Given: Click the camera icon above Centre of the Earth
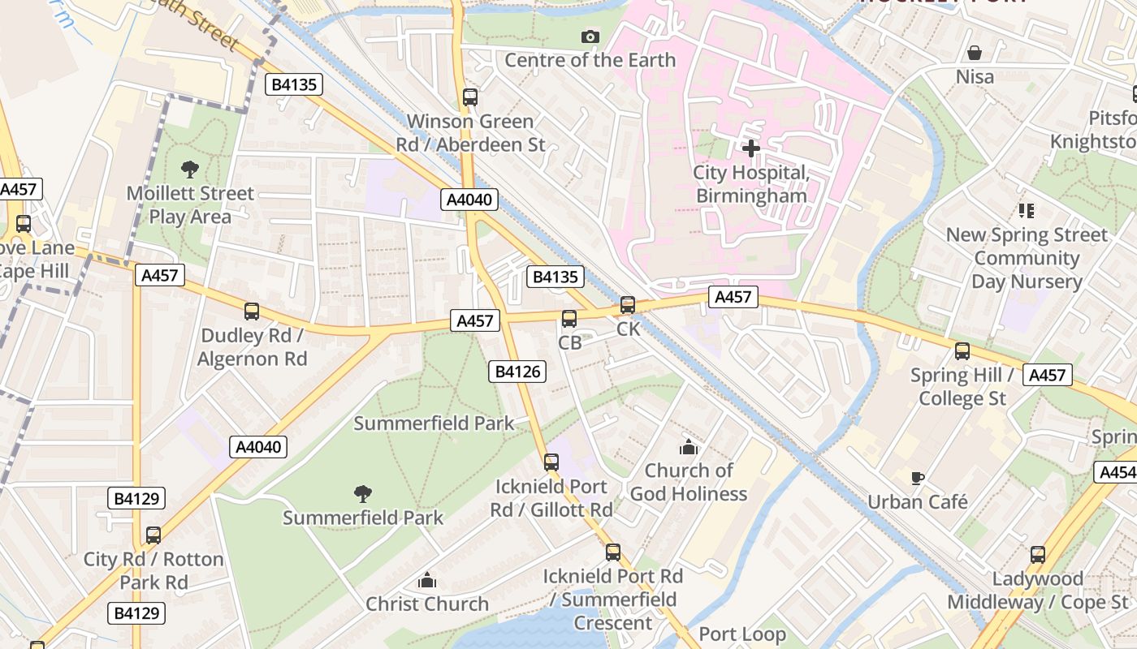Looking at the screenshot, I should [590, 37].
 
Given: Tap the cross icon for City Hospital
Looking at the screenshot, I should [751, 148].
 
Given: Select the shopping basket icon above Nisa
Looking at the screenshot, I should [974, 54].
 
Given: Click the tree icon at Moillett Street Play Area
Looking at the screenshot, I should [190, 170].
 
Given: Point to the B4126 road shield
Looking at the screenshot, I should [517, 372].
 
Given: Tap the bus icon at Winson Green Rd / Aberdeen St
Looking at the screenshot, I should [470, 97].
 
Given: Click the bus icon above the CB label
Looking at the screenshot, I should [569, 319].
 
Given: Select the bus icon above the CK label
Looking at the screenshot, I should [628, 305].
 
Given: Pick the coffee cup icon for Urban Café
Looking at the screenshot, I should [918, 478].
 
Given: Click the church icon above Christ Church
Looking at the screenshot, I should [427, 580].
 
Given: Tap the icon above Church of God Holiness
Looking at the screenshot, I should [689, 447].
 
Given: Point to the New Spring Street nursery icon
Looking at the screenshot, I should [1027, 211].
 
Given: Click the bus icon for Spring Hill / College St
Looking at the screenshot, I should [962, 351].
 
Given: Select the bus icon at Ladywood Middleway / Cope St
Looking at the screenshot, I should [1038, 555].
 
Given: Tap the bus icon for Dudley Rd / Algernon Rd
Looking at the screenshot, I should [252, 312].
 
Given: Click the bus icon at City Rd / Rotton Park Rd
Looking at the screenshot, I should [153, 535].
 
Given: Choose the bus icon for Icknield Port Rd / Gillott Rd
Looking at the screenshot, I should [551, 462].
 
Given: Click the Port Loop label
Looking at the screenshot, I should [742, 634].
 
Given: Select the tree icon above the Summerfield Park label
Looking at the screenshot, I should [363, 493].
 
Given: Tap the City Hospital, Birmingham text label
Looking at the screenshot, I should [751, 184].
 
